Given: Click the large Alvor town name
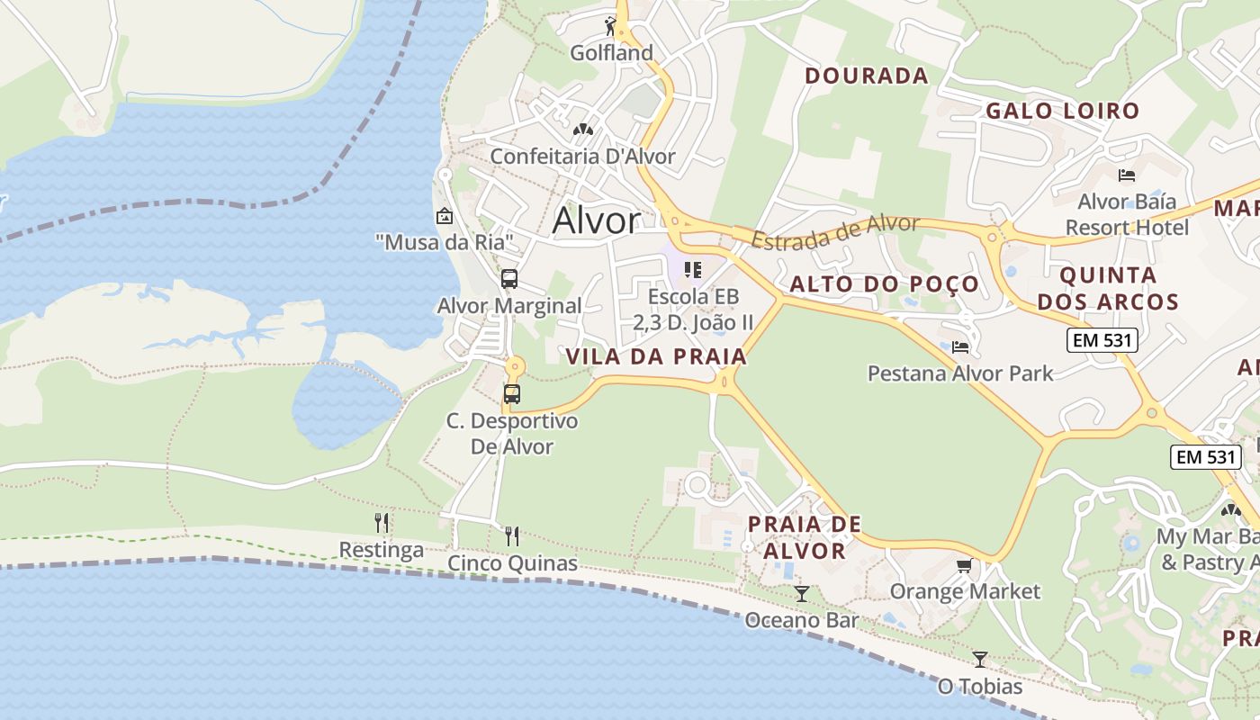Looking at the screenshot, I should [597, 220].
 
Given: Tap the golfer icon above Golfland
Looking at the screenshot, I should [611, 26].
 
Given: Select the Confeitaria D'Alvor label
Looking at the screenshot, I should [582, 156].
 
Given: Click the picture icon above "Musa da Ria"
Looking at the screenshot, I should [444, 216].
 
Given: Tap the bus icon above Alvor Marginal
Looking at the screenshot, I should [509, 279].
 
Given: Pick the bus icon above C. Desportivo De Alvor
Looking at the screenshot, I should [512, 394].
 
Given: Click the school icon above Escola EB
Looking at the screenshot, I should [692, 269].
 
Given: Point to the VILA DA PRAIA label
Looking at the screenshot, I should [656, 356].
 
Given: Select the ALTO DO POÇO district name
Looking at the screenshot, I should [884, 284].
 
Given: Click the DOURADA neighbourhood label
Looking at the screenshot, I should [866, 76].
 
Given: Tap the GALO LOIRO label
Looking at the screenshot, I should [1062, 112].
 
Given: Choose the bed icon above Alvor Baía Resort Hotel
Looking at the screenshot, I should [1126, 175].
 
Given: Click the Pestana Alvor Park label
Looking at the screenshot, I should [959, 373].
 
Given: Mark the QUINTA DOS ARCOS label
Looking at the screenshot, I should [1107, 288].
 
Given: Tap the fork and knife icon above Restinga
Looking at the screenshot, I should [382, 523].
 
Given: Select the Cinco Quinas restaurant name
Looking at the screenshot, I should [512, 563].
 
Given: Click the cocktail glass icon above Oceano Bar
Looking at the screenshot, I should [801, 594].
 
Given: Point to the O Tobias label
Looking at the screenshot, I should [979, 687].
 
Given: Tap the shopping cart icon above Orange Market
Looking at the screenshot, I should [964, 565].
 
